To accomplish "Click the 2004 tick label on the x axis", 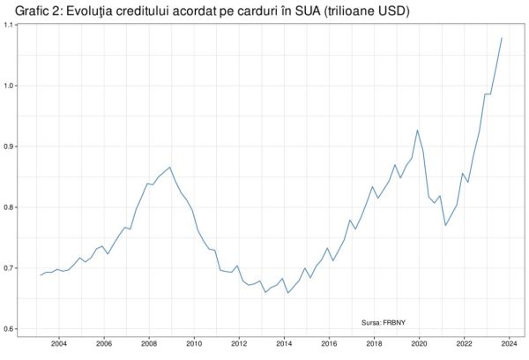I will [x=58, y=344].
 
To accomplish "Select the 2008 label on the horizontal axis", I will [x=148, y=344].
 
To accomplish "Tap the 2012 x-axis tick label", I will [x=238, y=344].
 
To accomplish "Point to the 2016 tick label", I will [x=328, y=344].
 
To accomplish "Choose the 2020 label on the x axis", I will [x=418, y=344].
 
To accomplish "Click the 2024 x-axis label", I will [x=508, y=344].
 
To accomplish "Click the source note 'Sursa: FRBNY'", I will [x=385, y=322].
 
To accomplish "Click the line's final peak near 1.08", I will [x=502, y=38].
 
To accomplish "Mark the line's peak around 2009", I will [x=170, y=167].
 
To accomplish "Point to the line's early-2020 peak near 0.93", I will [x=418, y=131].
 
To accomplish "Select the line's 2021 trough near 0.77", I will [x=445, y=225].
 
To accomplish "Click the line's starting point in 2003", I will [x=41, y=275].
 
